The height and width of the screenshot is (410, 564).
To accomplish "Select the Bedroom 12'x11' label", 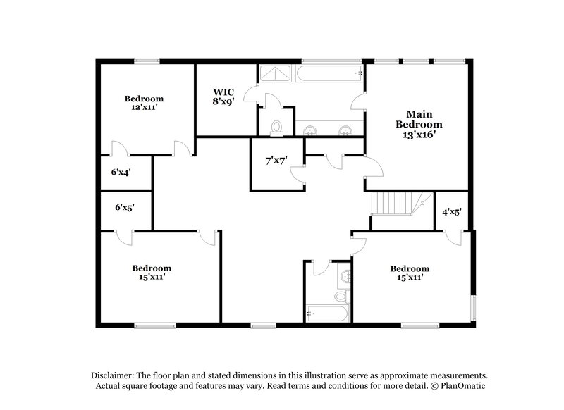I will click(x=144, y=104).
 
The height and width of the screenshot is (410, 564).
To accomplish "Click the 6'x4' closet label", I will click(x=121, y=171).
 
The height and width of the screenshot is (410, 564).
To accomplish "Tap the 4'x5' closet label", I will click(x=451, y=211).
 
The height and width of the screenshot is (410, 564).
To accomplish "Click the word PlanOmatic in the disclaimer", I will click(x=465, y=387).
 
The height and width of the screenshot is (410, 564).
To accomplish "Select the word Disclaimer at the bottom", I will click(x=113, y=375).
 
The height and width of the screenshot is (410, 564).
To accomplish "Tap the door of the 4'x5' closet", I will click(x=455, y=237).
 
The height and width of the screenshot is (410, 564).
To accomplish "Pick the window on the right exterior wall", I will click(x=474, y=307).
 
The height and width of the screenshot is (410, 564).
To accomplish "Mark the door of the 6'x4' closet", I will click(x=118, y=149).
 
